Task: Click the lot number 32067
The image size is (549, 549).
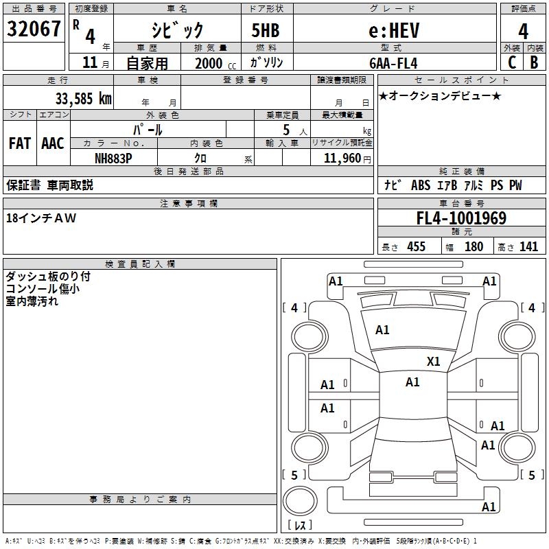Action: pos(34,29)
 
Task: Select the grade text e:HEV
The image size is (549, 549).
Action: pos(394,30)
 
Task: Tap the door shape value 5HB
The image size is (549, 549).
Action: pos(266,30)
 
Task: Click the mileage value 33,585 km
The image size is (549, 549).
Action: pos(83,98)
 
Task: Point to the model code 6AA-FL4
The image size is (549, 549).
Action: pos(393,63)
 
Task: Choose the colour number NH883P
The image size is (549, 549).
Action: pos(113,159)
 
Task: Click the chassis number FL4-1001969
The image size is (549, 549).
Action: pos(461,218)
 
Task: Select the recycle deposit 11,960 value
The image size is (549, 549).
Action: pos(342,159)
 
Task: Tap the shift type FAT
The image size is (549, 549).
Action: pos(20,143)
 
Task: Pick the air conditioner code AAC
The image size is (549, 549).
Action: pos(53,143)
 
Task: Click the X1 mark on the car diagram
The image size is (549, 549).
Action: pos(433,361)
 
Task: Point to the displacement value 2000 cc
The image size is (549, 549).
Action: pos(215,64)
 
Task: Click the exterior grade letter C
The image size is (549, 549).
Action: pos(512,62)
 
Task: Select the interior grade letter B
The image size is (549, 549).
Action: pos(534,62)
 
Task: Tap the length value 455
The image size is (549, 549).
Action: pos(417,247)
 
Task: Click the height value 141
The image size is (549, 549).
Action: pos(528,247)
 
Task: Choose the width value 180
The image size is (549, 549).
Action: pos(474,247)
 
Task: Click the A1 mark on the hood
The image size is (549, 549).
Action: pos(382,330)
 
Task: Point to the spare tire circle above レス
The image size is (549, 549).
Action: pos(300,501)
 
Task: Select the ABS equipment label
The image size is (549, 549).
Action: pos(421,185)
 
